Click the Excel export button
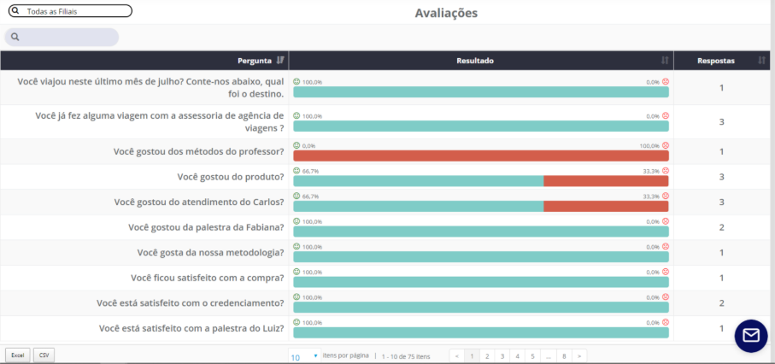16,355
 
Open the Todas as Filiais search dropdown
70,11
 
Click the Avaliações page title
446,13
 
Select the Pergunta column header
255,61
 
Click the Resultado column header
475,61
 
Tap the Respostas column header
715,61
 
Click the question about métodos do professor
198,151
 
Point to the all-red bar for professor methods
480,156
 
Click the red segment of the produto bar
606,181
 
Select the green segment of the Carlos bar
418,207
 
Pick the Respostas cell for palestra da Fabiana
721,227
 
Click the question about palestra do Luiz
191,328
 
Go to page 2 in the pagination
486,355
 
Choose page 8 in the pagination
563,355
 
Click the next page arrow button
579,355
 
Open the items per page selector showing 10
304,355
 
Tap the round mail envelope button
751,335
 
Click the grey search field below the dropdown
62,37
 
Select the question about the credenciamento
191,303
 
